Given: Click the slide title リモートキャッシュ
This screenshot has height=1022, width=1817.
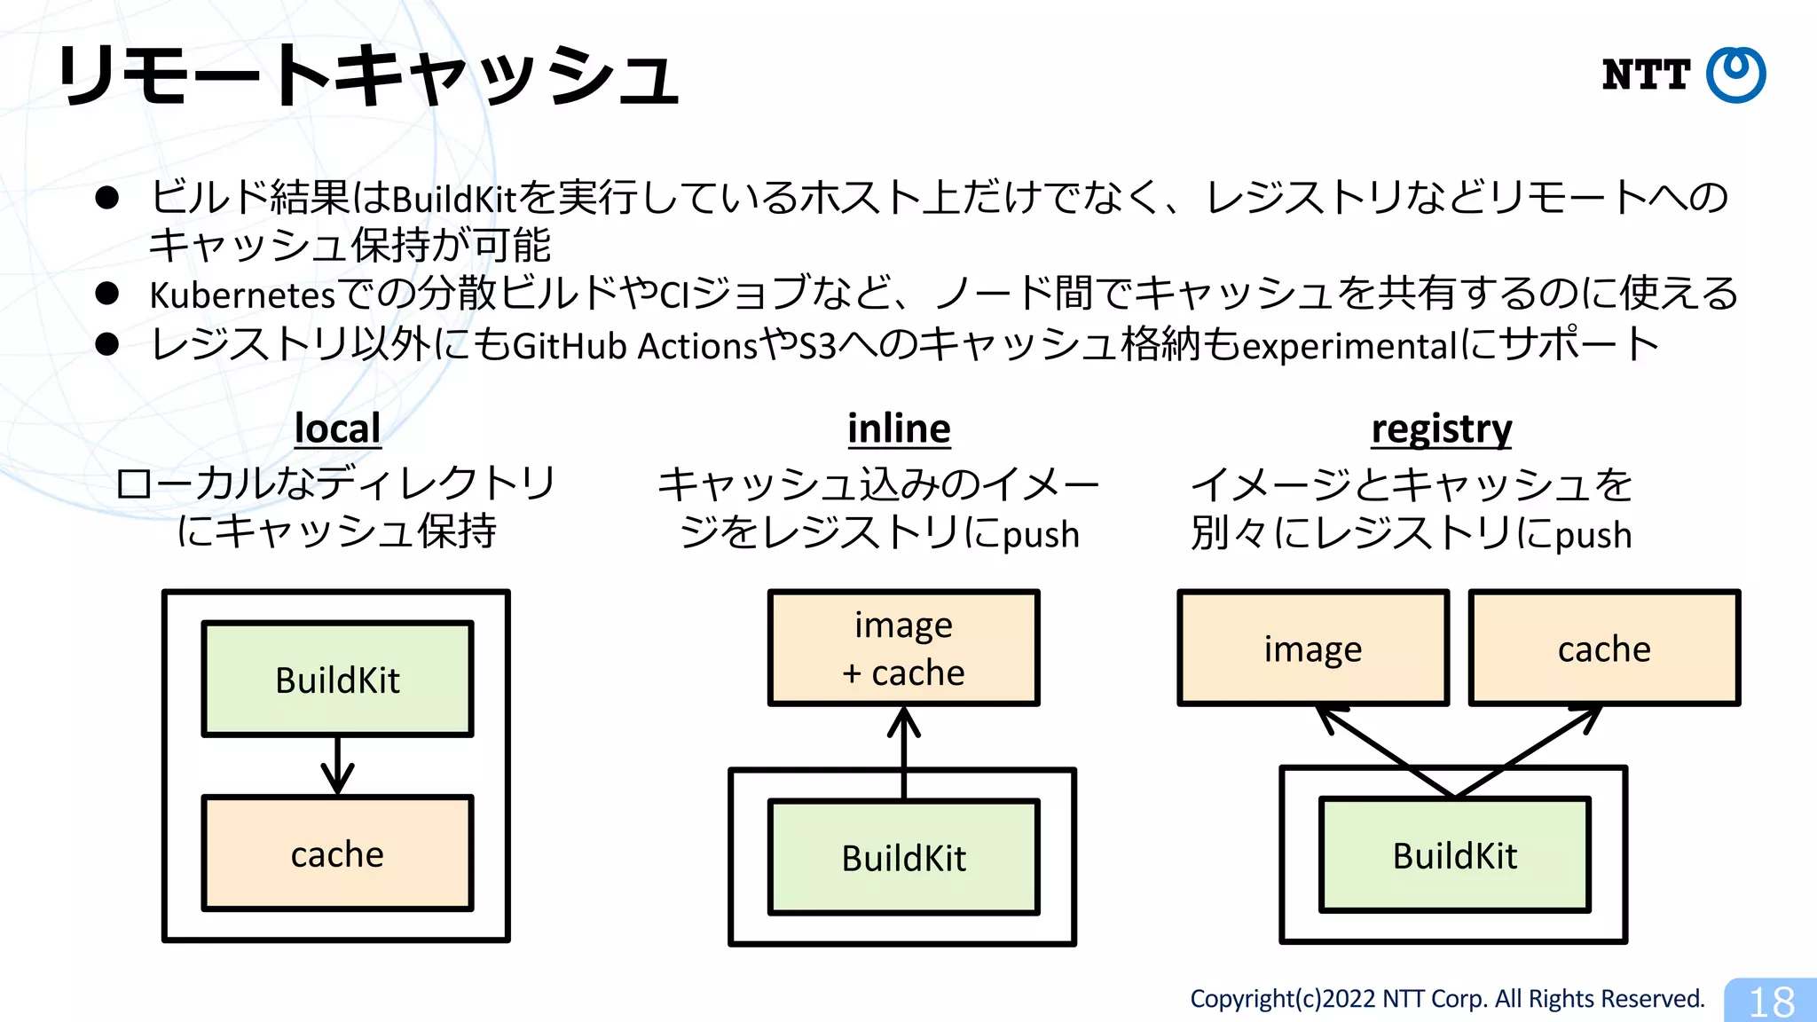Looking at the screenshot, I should [x=368, y=75].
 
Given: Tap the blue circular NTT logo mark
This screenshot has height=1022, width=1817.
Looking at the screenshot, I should [x=1736, y=75].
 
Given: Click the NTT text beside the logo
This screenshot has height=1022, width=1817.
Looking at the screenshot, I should [x=1646, y=75].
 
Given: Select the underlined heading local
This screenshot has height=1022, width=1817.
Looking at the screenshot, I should [x=337, y=428].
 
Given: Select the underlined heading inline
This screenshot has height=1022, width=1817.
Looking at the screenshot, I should [x=899, y=428].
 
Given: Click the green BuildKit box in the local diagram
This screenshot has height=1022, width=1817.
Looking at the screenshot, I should [x=337, y=680].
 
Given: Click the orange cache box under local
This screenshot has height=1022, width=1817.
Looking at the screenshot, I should [x=337, y=853].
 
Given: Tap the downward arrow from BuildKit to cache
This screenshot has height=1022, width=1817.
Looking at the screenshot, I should [x=337, y=766].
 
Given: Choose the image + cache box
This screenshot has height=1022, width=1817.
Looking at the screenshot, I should [x=903, y=648].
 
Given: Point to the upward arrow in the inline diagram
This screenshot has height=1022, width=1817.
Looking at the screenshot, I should [x=903, y=750].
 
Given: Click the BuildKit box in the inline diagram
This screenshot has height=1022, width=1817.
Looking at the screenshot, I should [x=903, y=857].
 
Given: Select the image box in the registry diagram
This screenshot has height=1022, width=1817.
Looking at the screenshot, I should [x=1313, y=649].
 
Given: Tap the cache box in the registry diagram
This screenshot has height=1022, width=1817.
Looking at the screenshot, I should [x=1604, y=649].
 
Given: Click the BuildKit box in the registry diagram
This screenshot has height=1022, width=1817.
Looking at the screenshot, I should [x=1455, y=855].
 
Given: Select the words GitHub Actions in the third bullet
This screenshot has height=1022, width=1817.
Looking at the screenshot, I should [x=635, y=346].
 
